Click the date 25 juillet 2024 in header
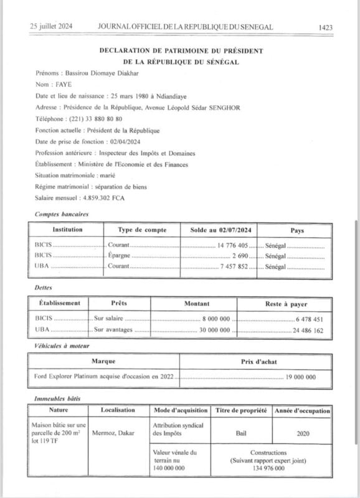click(x=51, y=27)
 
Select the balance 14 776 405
click(x=234, y=246)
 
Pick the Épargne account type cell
click(x=119, y=256)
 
